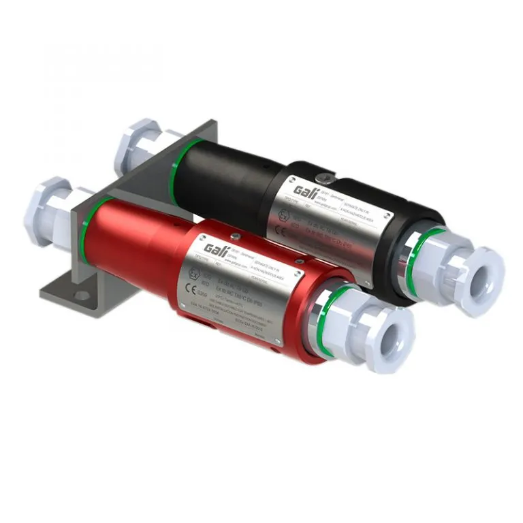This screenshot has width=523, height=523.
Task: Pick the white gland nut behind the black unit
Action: pos(136,144)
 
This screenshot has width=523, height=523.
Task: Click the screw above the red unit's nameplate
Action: pos(234,236)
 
